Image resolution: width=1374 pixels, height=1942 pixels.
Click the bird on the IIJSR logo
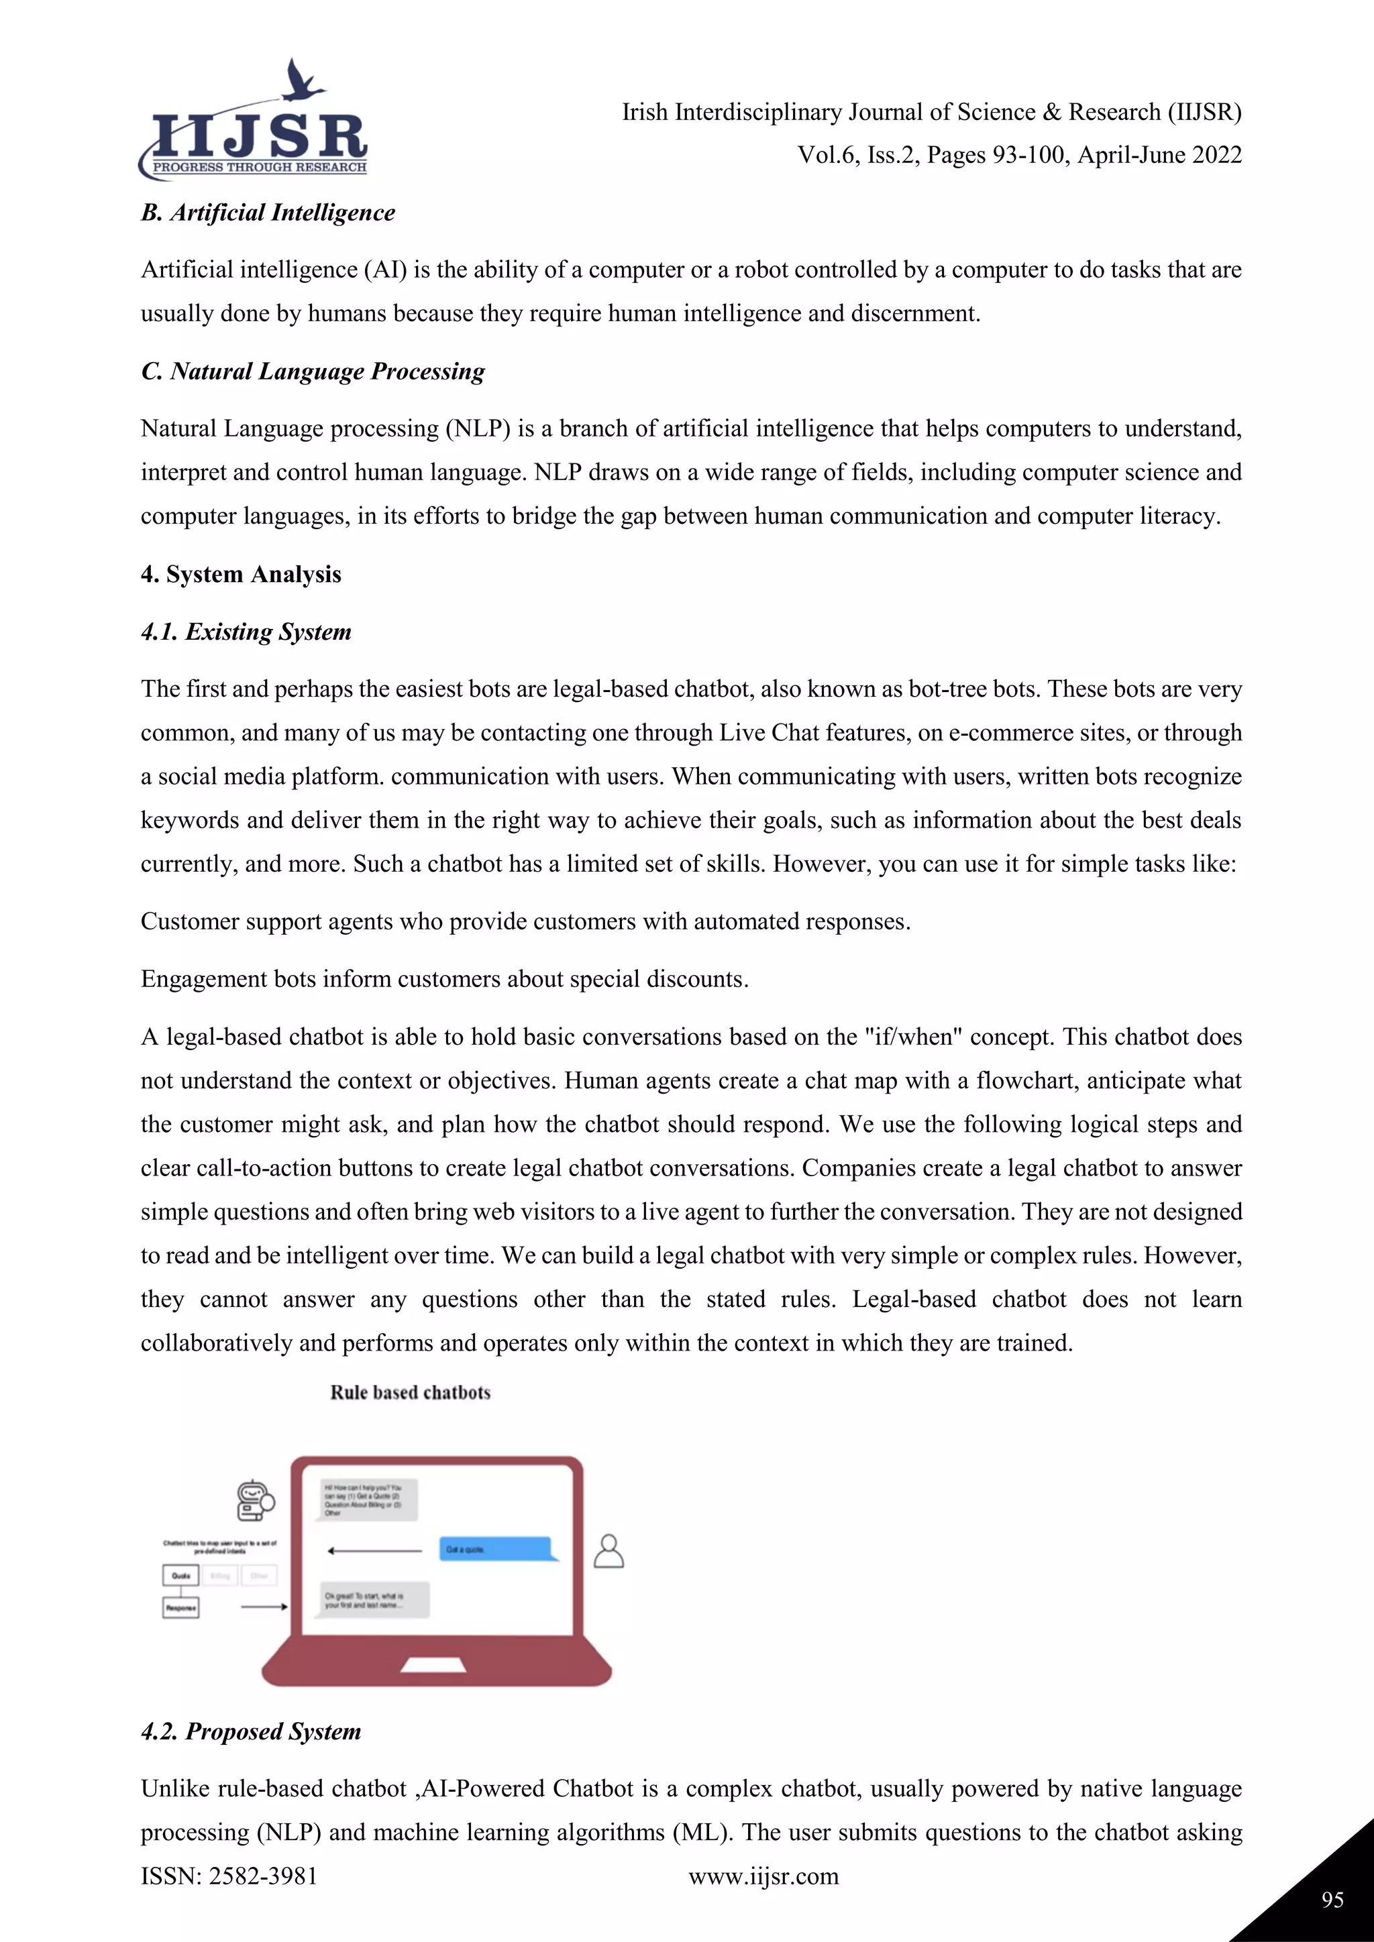coord(301,80)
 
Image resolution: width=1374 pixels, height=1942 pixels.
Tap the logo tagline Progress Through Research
coord(259,168)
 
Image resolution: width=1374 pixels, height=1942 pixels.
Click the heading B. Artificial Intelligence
coord(268,213)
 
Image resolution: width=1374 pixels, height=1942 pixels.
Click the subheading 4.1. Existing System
coord(246,632)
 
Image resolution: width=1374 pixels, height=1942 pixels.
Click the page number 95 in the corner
coord(1332,1900)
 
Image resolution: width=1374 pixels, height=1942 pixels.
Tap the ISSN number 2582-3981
coord(262,1876)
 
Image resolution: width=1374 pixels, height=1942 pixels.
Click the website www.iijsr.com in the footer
coord(763,1876)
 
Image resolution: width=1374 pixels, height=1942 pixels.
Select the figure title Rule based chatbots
coord(411,1392)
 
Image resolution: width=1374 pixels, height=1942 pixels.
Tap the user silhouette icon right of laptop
coord(609,1551)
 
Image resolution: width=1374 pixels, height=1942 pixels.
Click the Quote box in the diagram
coord(180,1576)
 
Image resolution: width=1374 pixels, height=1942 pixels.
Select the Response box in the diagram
coord(180,1608)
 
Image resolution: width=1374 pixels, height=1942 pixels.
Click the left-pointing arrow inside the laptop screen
coord(374,1550)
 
